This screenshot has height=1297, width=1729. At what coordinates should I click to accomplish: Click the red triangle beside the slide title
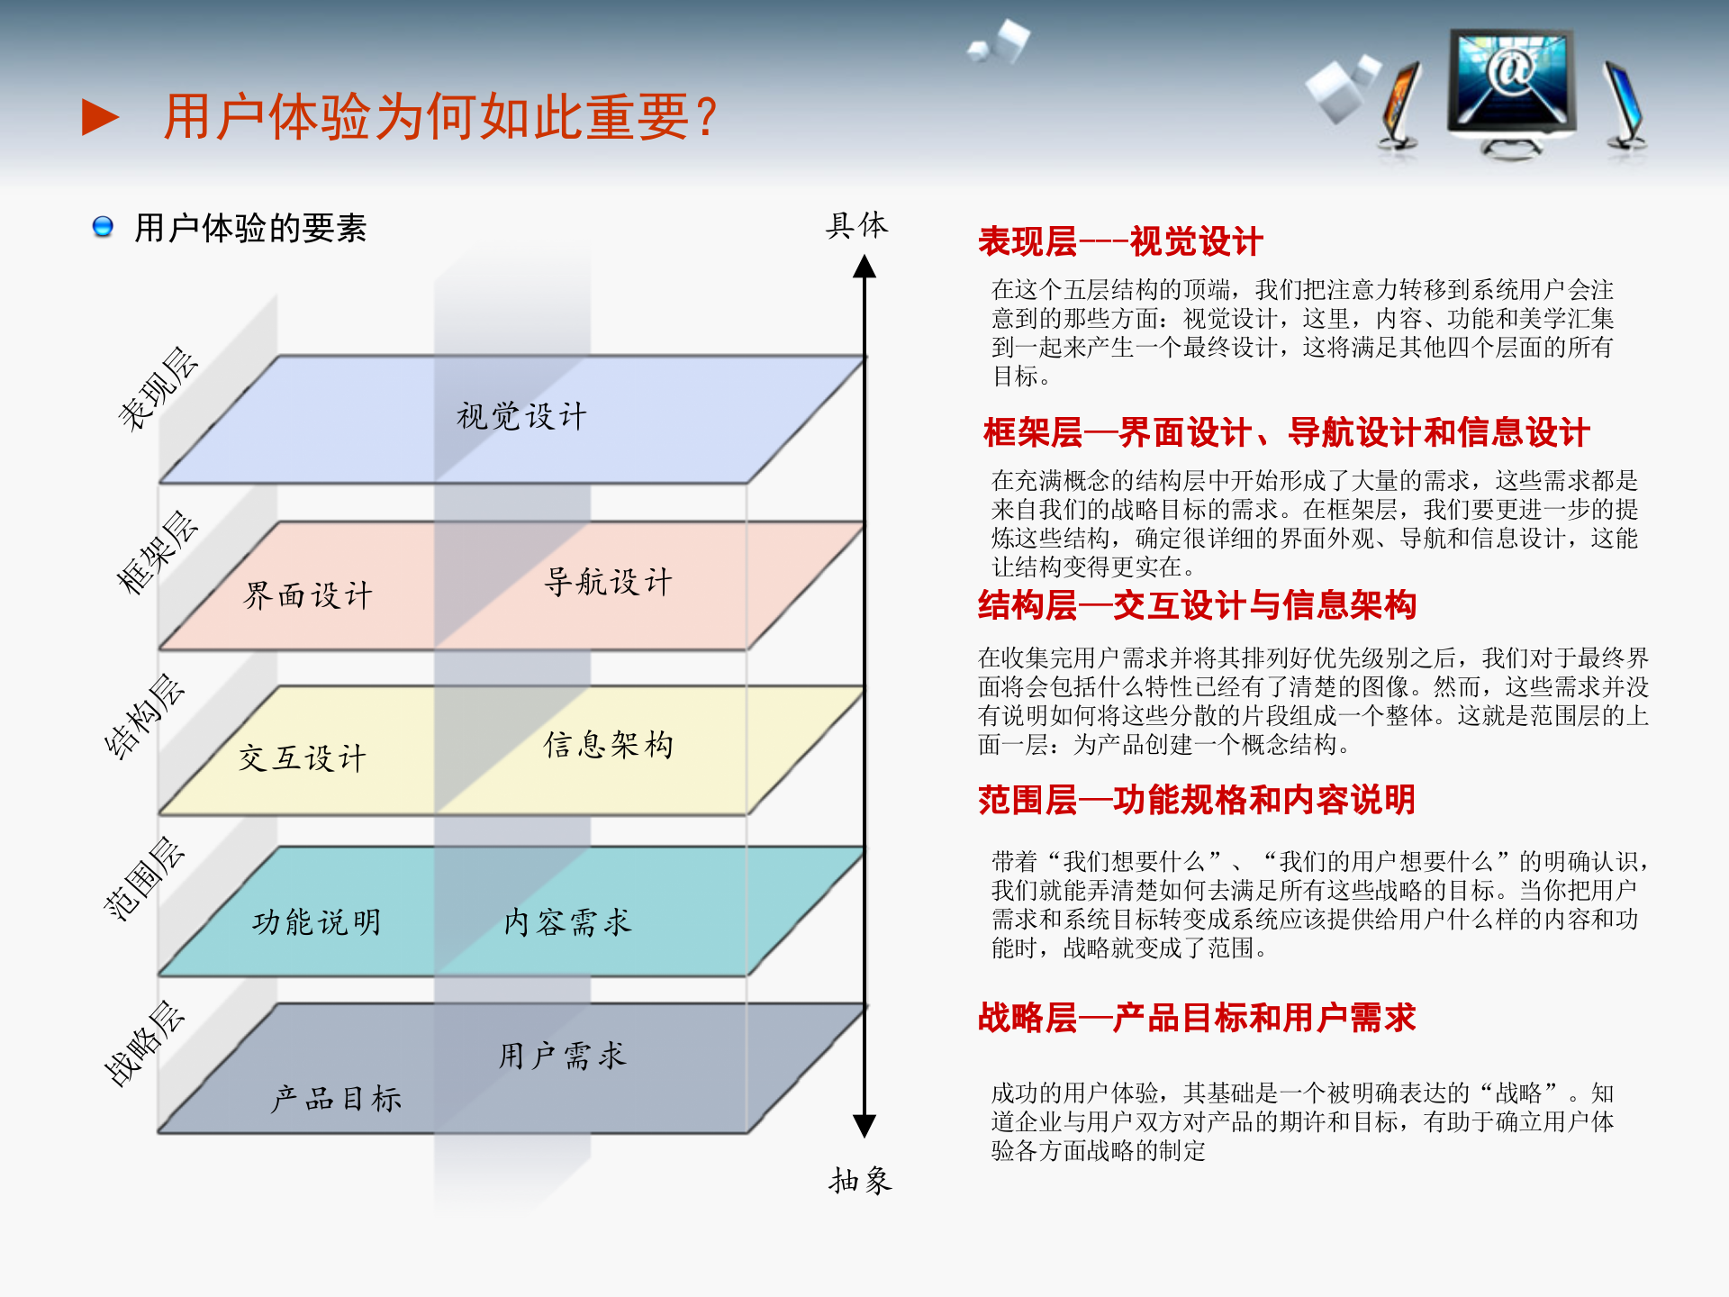point(100,117)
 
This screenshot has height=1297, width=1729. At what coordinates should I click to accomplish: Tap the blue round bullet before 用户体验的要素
point(103,226)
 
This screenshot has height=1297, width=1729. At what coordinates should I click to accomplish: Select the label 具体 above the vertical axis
point(856,225)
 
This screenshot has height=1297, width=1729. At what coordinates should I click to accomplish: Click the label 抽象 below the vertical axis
point(860,1180)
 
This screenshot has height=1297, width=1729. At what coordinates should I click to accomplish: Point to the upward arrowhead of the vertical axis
point(864,267)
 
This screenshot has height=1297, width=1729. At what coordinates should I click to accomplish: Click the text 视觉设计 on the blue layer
point(521,416)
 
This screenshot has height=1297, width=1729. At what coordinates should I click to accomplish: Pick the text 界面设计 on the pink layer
point(308,594)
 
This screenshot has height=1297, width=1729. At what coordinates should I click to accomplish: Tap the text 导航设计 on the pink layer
point(609,582)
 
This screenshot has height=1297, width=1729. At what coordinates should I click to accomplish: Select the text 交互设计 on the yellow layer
point(303,757)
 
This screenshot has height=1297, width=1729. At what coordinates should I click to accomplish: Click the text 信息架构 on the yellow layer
point(609,744)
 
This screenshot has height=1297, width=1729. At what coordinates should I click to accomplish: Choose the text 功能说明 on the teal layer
point(317,921)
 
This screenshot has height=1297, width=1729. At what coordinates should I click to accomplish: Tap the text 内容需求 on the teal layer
point(568,921)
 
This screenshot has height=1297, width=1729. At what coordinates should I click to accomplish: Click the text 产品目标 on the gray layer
point(337,1098)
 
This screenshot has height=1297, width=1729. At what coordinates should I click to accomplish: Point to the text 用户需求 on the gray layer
point(563,1055)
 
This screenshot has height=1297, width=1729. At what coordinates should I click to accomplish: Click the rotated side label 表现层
point(158,388)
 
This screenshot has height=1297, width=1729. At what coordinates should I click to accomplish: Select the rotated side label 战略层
point(144,1042)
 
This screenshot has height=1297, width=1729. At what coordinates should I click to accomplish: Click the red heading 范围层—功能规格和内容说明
point(1197,800)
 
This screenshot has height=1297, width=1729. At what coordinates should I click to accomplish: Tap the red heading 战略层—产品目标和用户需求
point(1197,1018)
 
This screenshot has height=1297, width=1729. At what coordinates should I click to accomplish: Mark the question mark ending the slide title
point(707,117)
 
